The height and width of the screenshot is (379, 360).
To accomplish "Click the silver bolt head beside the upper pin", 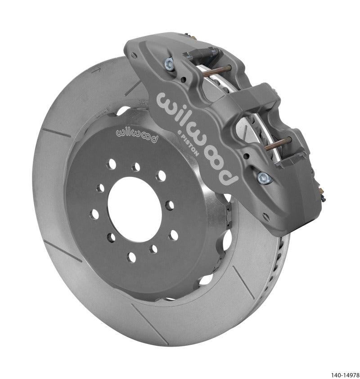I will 170,63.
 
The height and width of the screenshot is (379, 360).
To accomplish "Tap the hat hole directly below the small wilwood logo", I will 136,167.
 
